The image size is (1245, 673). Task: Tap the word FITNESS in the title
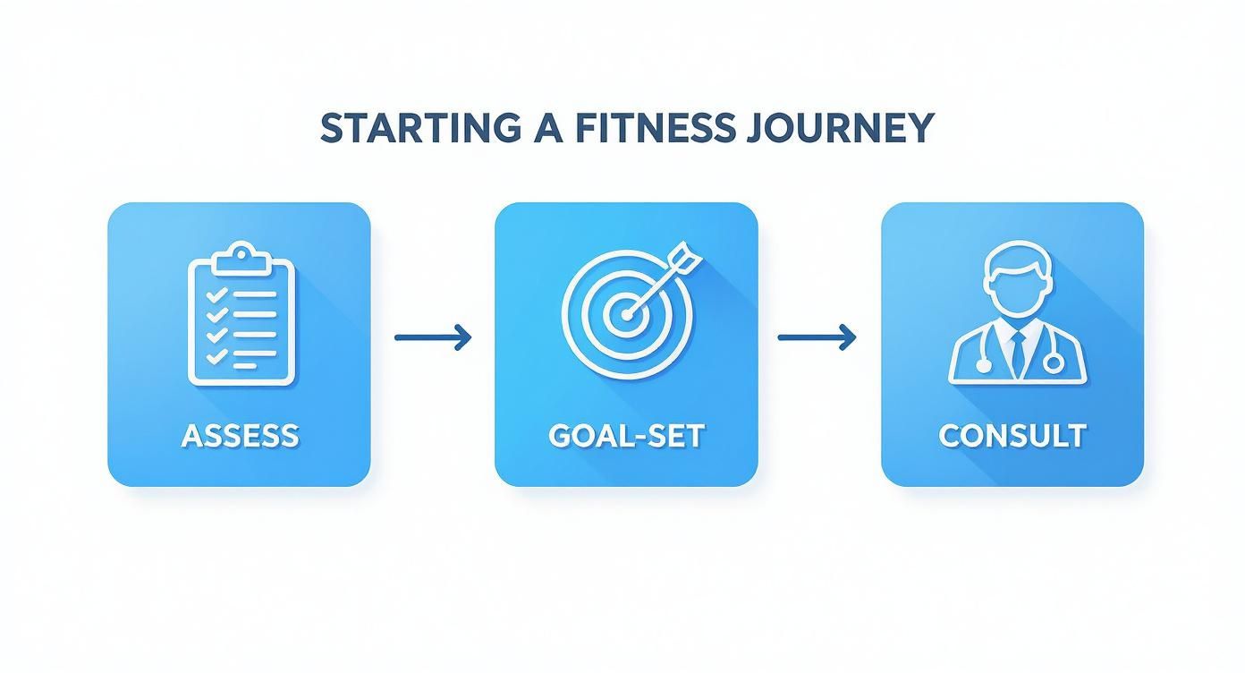coord(646,128)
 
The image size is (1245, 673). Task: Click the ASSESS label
coord(240,436)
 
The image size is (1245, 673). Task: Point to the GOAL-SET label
coord(626,436)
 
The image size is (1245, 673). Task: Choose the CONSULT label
coord(1012,436)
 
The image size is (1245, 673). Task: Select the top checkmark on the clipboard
coord(216,294)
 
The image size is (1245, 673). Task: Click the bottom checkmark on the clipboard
coord(216,356)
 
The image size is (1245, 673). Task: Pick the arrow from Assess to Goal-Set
coord(433,337)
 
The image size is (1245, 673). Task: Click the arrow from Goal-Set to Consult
coord(817,337)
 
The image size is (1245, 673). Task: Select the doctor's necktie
coord(1018,352)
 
